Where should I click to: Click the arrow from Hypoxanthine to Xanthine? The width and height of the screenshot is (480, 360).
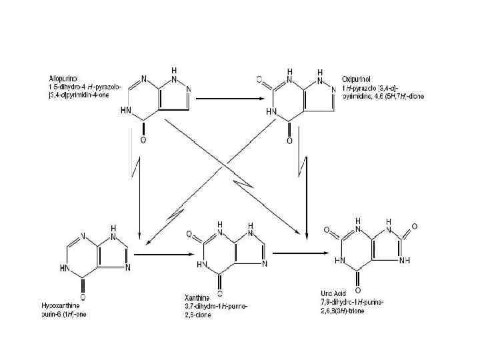(x=167, y=254)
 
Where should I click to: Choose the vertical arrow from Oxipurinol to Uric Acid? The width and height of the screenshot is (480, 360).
(x=306, y=180)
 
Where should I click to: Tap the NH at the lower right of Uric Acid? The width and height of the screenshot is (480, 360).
(x=404, y=260)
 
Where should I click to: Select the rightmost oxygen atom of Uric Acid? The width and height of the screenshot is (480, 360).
(x=414, y=227)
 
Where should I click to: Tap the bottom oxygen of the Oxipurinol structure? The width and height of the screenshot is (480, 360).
(x=289, y=141)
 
